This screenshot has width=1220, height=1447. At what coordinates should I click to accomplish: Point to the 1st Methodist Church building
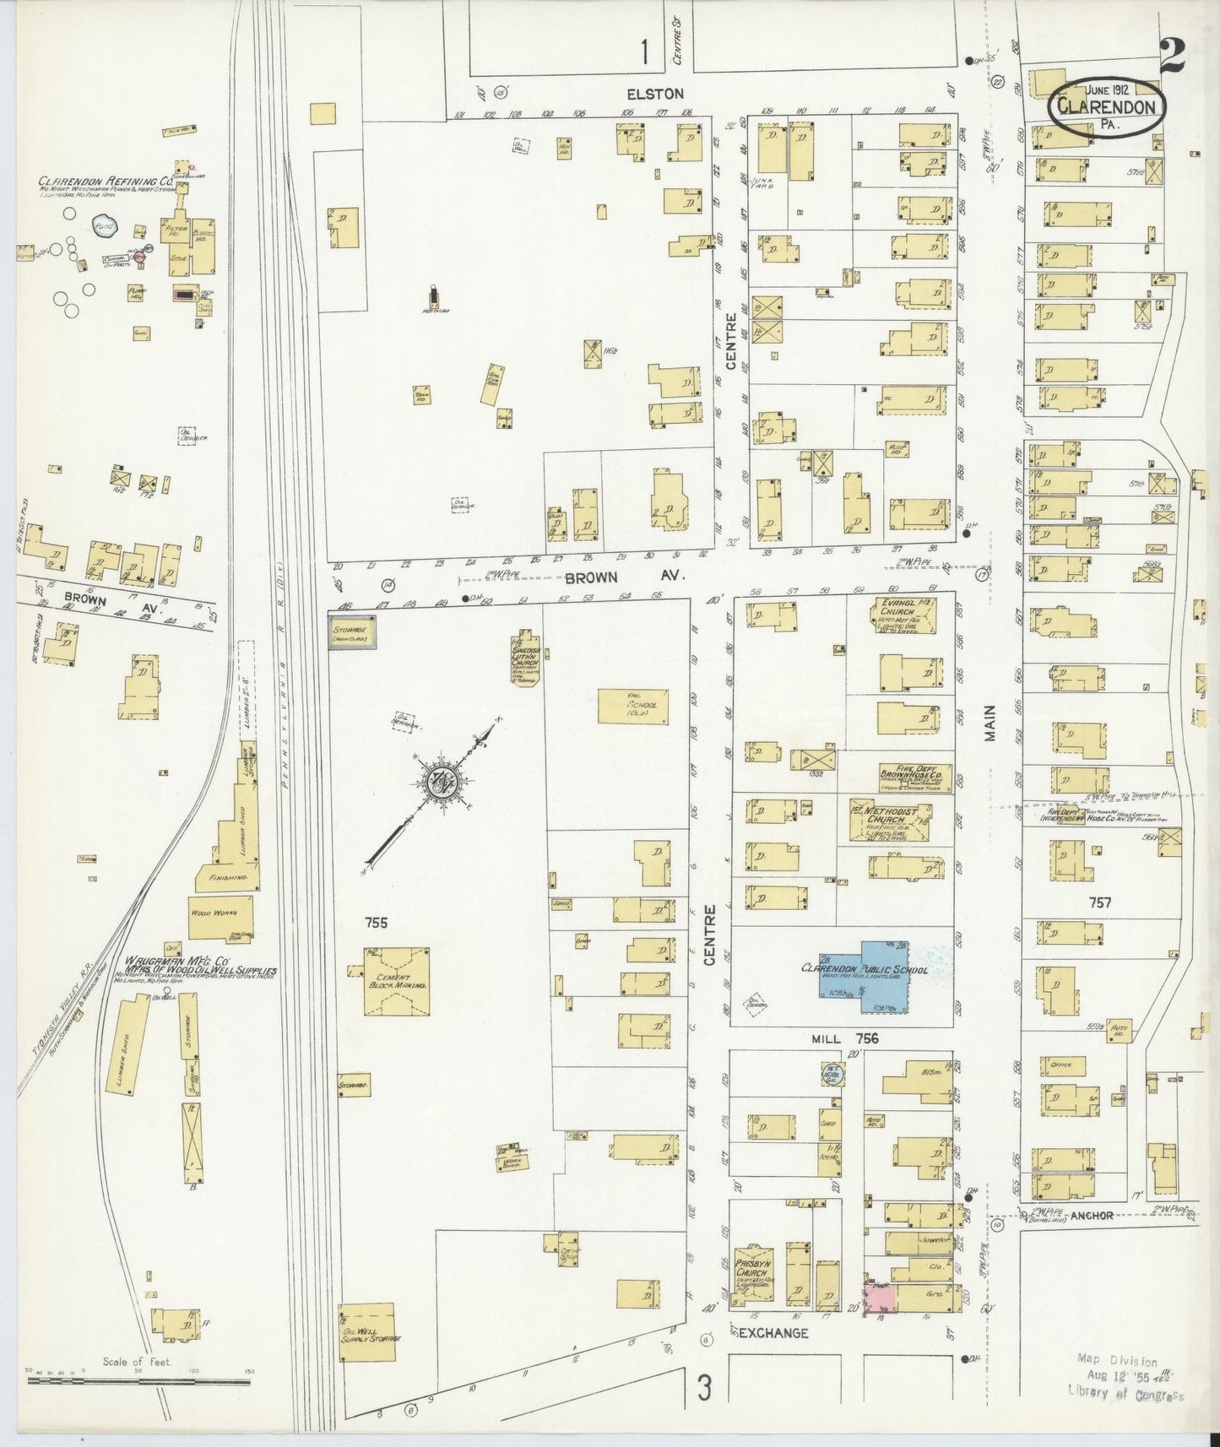[x=888, y=819]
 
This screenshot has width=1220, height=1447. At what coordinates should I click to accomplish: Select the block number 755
[x=376, y=923]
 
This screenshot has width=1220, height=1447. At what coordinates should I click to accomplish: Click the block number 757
[x=1101, y=902]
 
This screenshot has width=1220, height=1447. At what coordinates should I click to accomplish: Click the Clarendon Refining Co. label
[x=106, y=181]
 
